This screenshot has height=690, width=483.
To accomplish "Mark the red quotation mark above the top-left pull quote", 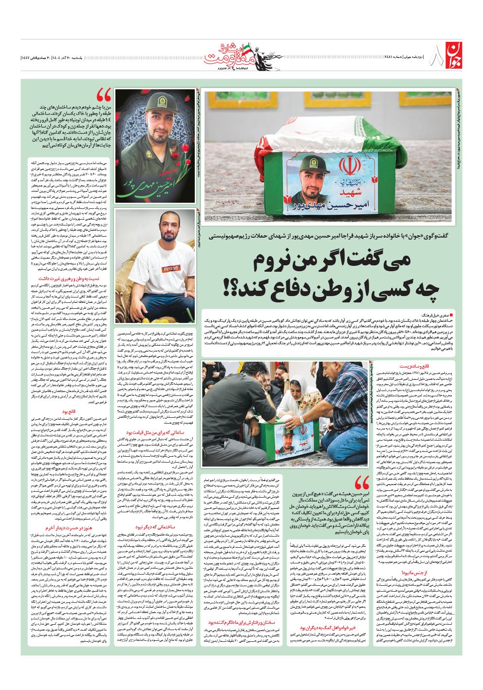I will click(x=104, y=94).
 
